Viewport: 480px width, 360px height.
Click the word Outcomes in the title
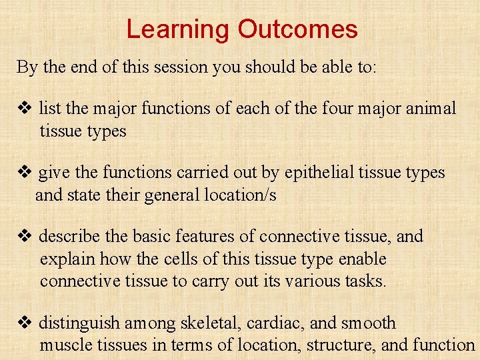point(297,29)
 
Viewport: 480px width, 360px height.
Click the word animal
point(431,108)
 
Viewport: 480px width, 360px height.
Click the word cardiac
point(275,323)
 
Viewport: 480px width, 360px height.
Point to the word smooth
point(368,323)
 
